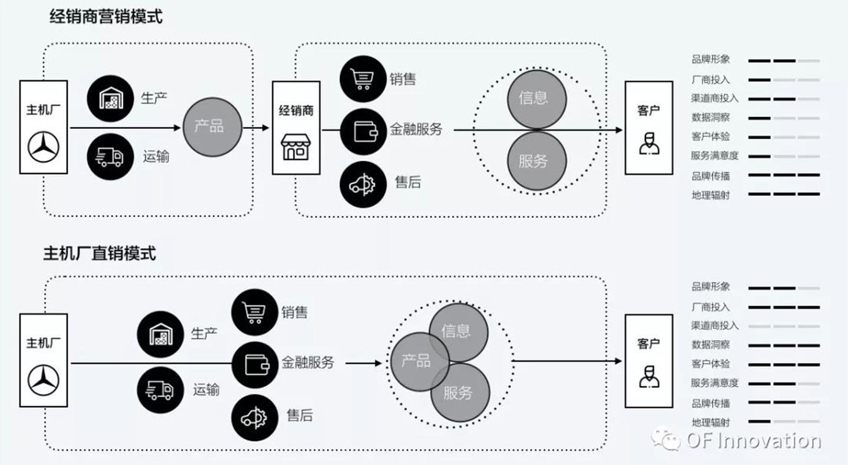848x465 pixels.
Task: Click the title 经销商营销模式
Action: click(x=106, y=16)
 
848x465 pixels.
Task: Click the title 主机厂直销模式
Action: click(x=100, y=253)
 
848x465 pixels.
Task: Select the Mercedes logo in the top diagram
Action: click(x=44, y=147)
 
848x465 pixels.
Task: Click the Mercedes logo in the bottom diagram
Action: click(x=44, y=380)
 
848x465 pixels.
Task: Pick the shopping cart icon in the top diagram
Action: click(x=363, y=79)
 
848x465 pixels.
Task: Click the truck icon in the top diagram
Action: click(x=110, y=156)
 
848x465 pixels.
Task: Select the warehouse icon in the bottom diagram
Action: click(x=160, y=334)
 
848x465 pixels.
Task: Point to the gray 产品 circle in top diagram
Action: click(x=213, y=127)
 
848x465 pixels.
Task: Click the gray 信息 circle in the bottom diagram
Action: click(x=458, y=332)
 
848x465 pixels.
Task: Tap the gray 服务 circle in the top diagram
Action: click(x=537, y=161)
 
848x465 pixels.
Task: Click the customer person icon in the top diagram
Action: click(x=649, y=144)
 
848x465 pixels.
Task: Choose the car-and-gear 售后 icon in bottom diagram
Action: click(x=255, y=418)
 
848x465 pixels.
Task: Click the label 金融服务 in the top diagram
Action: click(x=416, y=129)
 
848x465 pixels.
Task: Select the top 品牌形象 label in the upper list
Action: click(x=711, y=59)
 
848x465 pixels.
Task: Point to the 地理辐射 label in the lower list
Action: click(x=711, y=422)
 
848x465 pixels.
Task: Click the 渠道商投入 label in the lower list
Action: click(x=715, y=325)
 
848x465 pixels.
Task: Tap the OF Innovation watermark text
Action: click(x=754, y=441)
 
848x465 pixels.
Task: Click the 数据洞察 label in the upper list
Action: click(x=711, y=117)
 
